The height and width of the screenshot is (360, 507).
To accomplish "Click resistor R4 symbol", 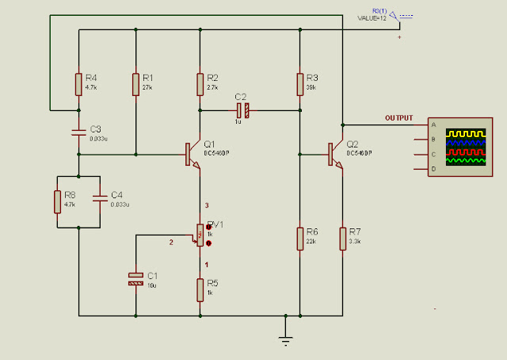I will [x=78, y=83].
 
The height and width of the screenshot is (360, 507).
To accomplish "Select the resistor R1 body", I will [x=135, y=83].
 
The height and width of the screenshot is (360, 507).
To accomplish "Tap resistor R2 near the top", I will [x=200, y=83].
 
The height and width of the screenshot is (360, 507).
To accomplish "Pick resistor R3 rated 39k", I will [x=300, y=83].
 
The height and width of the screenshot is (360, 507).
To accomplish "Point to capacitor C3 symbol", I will [x=78, y=132].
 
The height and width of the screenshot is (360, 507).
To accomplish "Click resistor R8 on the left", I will [x=57, y=201].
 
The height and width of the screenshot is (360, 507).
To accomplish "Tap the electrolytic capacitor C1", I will [x=135, y=278].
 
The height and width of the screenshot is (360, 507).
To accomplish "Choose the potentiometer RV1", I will [x=200, y=235].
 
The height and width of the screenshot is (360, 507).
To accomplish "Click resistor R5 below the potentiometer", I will [x=200, y=289].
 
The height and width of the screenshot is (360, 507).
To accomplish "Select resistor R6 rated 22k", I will [x=300, y=237].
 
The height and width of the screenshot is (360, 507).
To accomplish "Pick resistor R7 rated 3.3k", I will [x=342, y=237].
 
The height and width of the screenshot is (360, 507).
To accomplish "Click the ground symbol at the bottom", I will [x=286, y=339].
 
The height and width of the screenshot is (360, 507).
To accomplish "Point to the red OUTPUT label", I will [x=398, y=118].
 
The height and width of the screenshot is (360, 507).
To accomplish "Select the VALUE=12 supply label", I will [x=372, y=17].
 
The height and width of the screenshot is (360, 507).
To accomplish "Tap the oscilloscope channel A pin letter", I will [x=433, y=124].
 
